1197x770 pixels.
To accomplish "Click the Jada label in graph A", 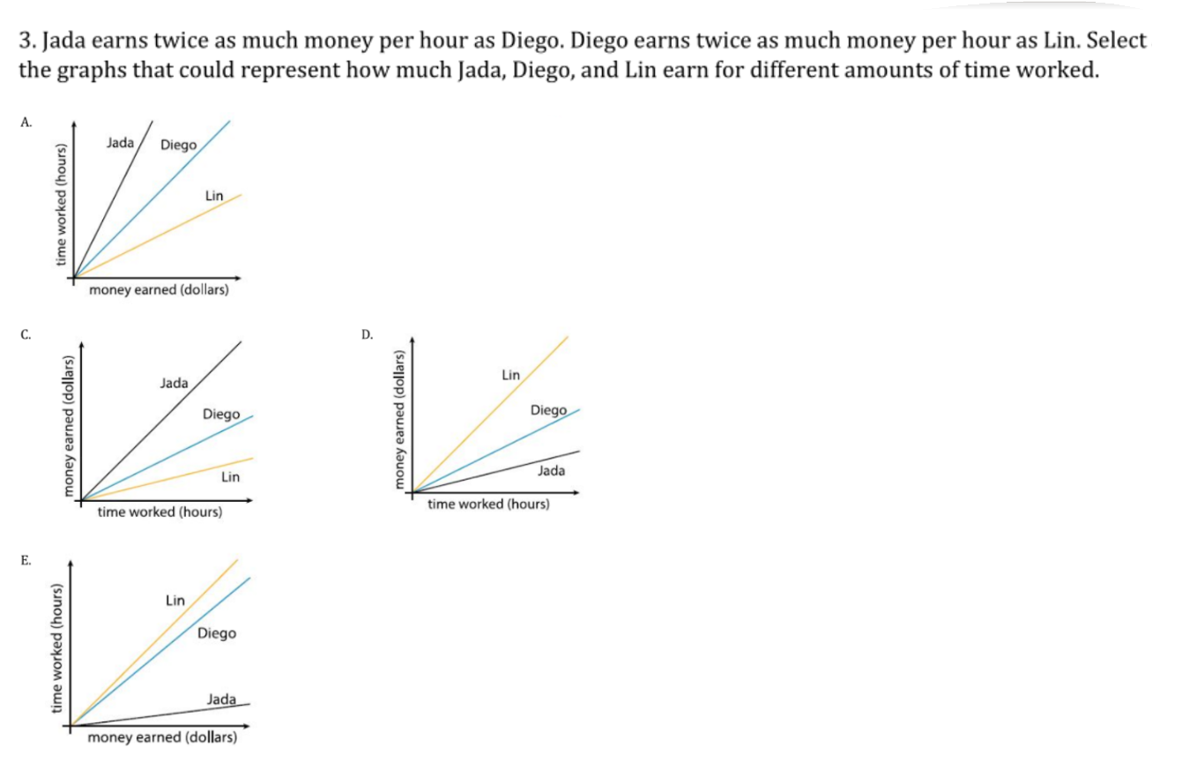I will click(120, 141).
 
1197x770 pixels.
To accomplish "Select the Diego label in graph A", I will click(179, 145).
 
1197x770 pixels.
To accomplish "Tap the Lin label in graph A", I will click(214, 195).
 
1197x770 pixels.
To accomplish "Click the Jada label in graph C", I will click(174, 383).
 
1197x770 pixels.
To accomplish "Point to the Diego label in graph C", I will click(221, 414).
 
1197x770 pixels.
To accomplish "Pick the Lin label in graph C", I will click(231, 477).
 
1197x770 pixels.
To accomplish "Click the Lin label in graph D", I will click(510, 375).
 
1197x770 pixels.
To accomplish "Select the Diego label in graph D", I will click(549, 410).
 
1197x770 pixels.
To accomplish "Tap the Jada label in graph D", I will click(551, 471).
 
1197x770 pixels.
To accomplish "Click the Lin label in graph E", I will click(175, 601).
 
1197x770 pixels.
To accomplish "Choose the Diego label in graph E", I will click(217, 633).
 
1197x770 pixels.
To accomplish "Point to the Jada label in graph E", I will click(220, 699).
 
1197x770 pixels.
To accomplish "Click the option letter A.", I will click(26, 123).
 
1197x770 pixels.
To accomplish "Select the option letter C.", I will click(26, 334).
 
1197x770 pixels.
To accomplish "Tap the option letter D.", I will click(367, 334).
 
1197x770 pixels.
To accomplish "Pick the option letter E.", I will click(26, 560).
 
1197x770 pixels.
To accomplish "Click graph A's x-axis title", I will click(159, 290).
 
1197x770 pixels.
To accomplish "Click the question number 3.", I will click(26, 41).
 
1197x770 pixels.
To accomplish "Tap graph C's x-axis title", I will click(160, 512).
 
